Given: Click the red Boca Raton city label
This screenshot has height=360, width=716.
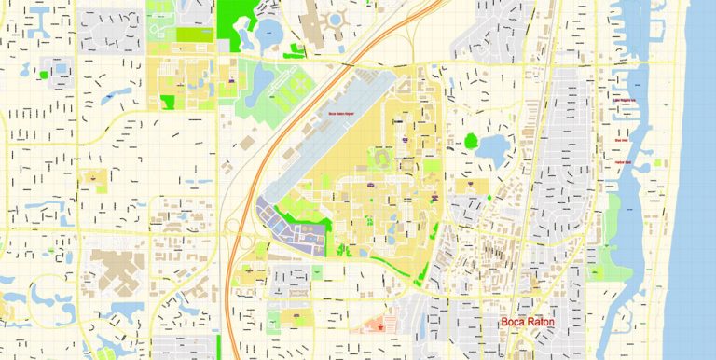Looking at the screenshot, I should pyautogui.click(x=528, y=323).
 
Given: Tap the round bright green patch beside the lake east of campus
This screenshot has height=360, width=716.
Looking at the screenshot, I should pyautogui.click(x=471, y=142).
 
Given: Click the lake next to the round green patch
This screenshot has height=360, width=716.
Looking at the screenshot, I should pyautogui.click(x=491, y=146).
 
